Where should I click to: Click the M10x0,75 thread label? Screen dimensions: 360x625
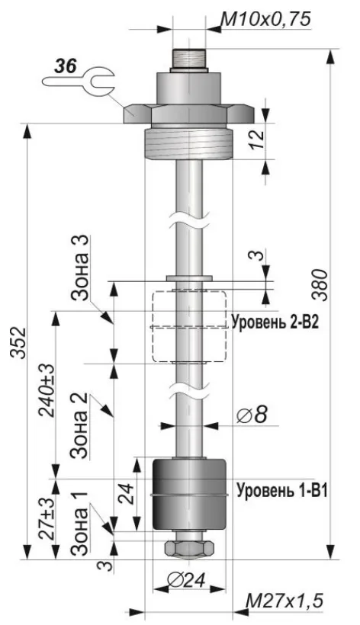click(x=265, y=19)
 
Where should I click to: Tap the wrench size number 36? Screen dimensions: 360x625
click(x=66, y=66)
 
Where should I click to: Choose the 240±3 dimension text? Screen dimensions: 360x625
click(x=47, y=390)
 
